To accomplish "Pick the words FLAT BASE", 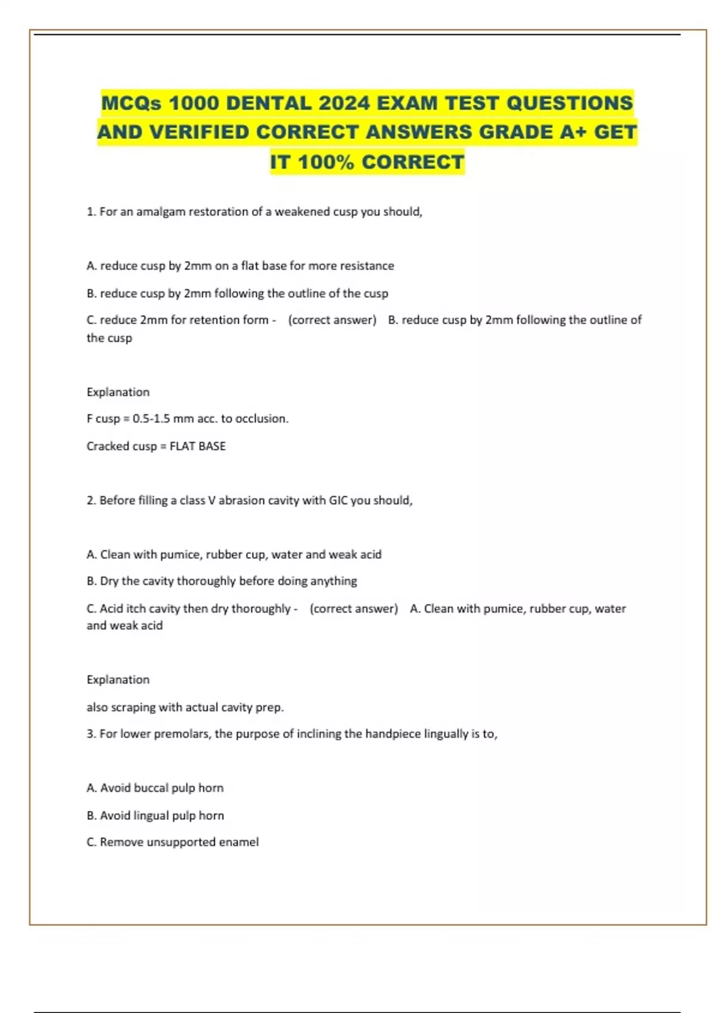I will pyautogui.click(x=197, y=446).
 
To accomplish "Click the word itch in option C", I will pyautogui.click(x=136, y=609).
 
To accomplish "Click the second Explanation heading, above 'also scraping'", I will pyautogui.click(x=118, y=680).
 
